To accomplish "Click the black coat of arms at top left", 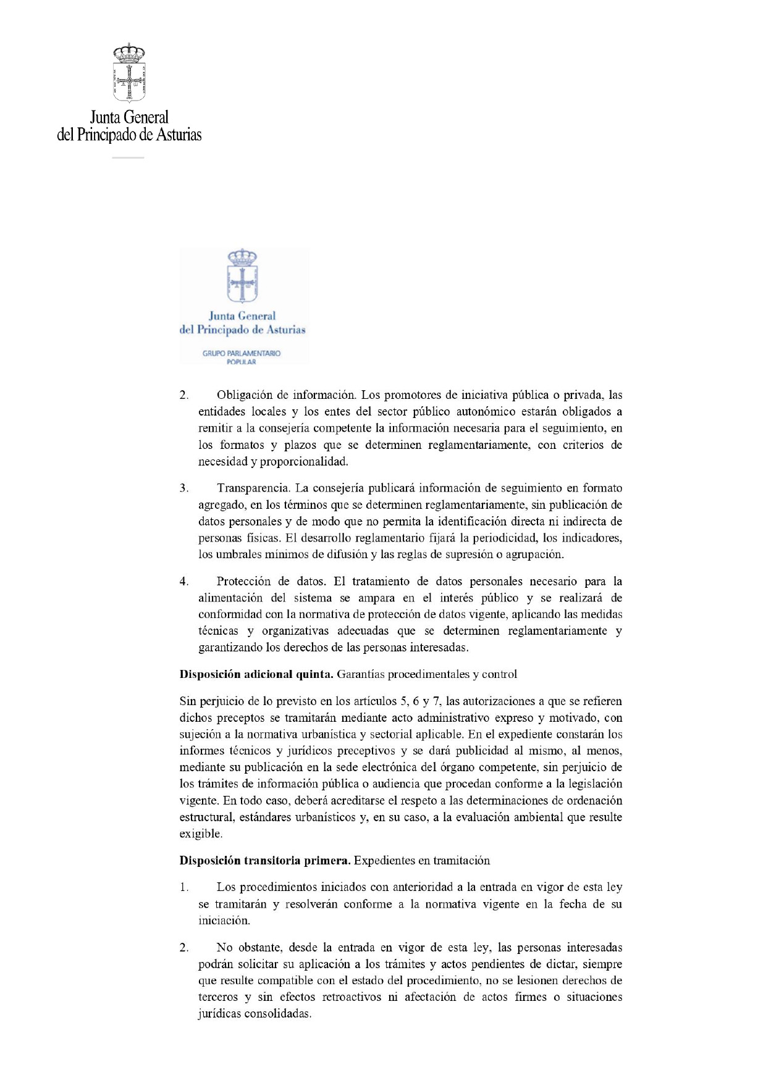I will (129, 73).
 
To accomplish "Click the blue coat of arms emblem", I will (242, 275).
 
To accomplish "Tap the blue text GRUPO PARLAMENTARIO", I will (242, 353).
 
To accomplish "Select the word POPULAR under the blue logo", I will (242, 362).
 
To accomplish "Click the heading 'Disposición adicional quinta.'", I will (256, 674).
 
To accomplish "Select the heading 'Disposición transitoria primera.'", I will (265, 861).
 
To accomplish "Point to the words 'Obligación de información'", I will (286, 395).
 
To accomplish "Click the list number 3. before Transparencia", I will (184, 488).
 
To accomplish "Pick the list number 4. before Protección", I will (184, 581).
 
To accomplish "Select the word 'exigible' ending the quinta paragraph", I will (200, 834).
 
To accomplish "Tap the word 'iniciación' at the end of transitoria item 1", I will (224, 921).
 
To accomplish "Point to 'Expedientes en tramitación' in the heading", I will (422, 861).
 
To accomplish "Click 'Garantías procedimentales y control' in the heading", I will (427, 674).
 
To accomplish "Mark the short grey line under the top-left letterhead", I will (128, 158).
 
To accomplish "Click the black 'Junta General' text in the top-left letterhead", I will (129, 117).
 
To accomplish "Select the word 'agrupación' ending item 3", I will (534, 554).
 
